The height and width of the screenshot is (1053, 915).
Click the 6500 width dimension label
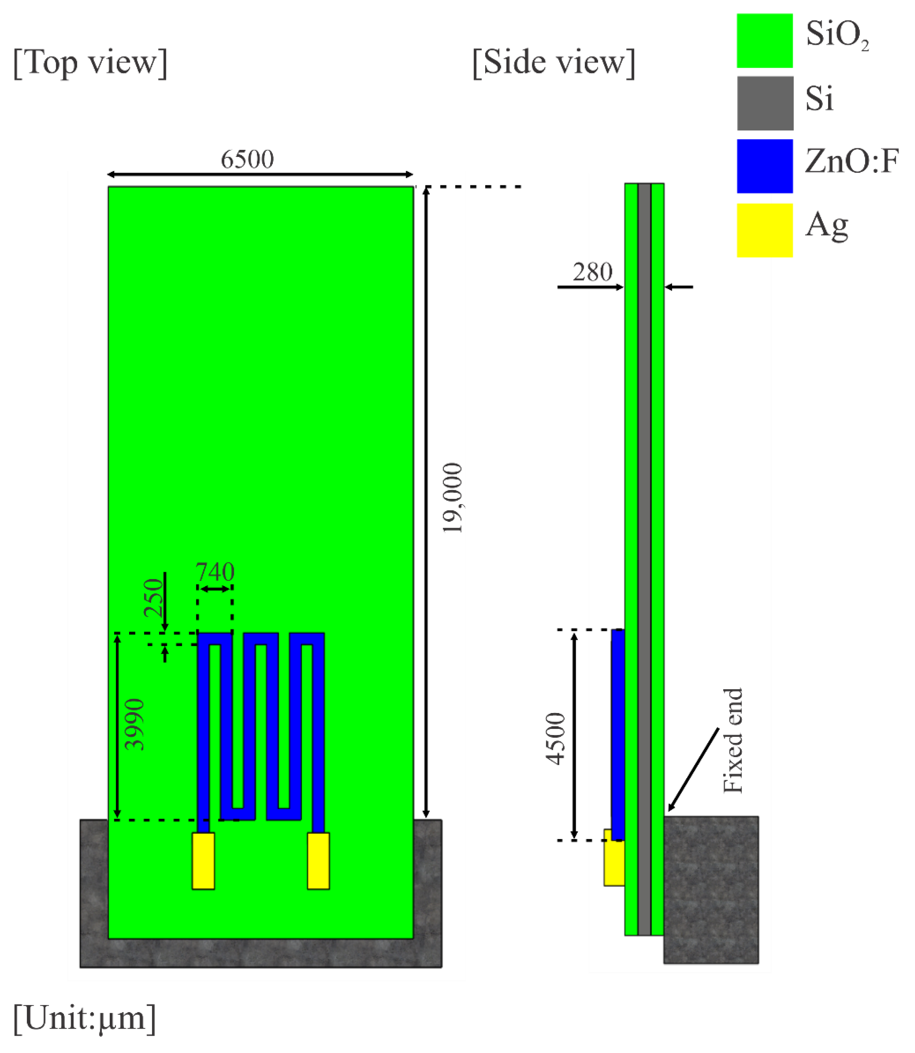click(247, 160)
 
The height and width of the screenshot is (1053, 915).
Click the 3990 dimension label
click(135, 724)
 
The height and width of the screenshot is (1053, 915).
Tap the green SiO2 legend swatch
click(765, 41)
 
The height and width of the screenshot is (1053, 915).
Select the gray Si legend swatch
click(765, 103)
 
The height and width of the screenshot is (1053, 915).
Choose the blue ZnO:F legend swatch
click(765, 166)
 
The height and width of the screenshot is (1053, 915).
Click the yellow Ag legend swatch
click(765, 230)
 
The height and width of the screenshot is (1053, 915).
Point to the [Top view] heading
click(90, 63)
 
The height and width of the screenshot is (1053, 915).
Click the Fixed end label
click(733, 741)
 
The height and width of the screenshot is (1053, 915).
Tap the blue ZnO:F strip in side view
click(618, 735)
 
